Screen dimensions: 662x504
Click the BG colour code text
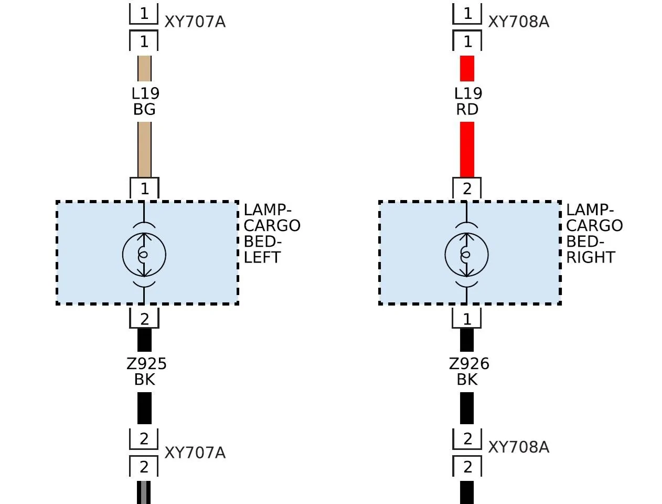coord(144,109)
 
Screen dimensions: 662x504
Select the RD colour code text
coord(467,109)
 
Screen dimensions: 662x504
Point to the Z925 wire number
coord(146,364)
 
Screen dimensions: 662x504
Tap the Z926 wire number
coord(469,364)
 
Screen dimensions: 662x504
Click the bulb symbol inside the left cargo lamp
coord(144,255)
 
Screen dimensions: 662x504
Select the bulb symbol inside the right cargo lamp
coord(466,255)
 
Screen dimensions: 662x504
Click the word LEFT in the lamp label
coord(262,257)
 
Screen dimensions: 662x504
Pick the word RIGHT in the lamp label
coord(591,257)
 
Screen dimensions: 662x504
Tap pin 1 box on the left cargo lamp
coord(144,188)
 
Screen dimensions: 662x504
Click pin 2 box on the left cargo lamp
coord(144,318)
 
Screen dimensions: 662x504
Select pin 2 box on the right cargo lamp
coord(467,188)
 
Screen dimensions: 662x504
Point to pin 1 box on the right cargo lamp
coord(467,318)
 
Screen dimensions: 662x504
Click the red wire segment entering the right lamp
coord(467,150)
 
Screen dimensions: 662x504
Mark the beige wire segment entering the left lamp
coord(144,150)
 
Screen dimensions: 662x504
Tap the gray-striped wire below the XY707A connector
coord(144,492)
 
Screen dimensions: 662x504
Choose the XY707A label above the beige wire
coord(195,22)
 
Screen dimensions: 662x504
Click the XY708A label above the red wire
coord(519,22)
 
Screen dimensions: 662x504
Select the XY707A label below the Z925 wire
coord(195,453)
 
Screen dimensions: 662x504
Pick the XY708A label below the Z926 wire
coord(519,447)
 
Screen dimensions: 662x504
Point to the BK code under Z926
coord(467,380)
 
